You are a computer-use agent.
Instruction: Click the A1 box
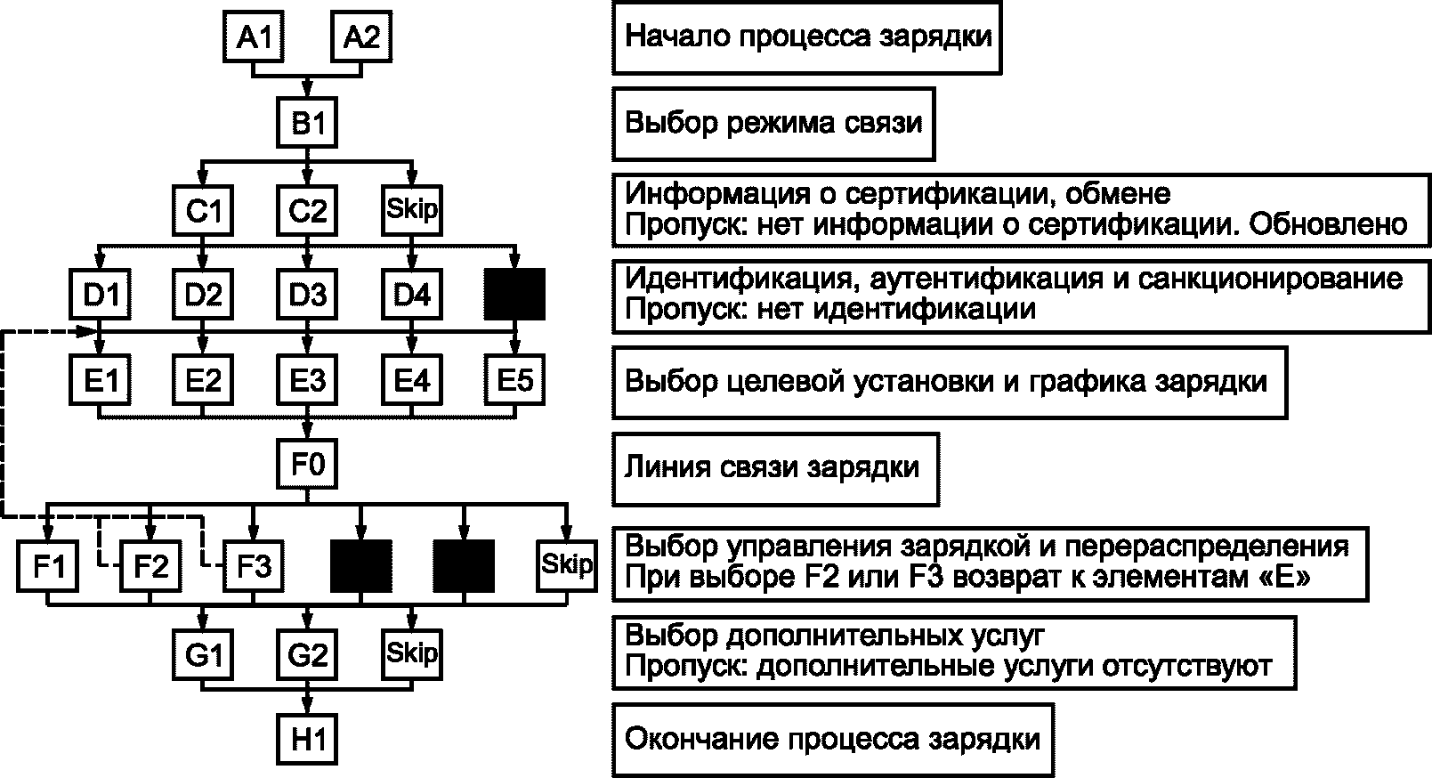(253, 36)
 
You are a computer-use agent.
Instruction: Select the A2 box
(361, 36)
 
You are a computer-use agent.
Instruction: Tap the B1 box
(307, 122)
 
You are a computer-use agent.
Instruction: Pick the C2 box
(307, 210)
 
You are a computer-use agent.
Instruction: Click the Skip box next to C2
(412, 210)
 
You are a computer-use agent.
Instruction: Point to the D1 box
(101, 294)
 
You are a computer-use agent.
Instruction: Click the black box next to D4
(514, 294)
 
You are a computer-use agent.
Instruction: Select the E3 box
(307, 380)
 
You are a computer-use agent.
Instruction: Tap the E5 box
(514, 380)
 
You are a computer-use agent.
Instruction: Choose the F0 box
(307, 464)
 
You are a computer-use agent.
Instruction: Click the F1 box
(48, 566)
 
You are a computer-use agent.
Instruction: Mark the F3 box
(254, 566)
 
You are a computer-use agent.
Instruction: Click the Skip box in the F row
(566, 566)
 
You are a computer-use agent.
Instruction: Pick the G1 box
(203, 654)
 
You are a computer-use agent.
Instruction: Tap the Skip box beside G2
(412, 654)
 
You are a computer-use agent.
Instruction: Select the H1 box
(307, 739)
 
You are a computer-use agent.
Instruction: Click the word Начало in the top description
(677, 36)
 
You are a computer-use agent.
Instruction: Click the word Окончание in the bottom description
(701, 739)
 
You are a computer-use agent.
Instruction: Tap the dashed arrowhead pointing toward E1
(87, 331)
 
